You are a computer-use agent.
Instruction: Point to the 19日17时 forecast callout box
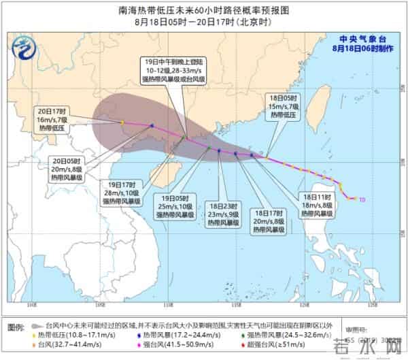[x=122, y=193]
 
